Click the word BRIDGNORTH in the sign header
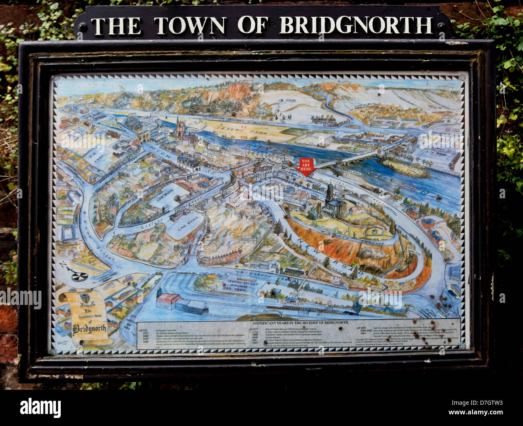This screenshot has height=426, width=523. point(356,25)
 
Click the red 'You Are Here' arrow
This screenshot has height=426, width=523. point(306,166)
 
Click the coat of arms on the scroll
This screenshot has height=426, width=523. point(84,298)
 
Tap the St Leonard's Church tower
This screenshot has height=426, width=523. point(180,129)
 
